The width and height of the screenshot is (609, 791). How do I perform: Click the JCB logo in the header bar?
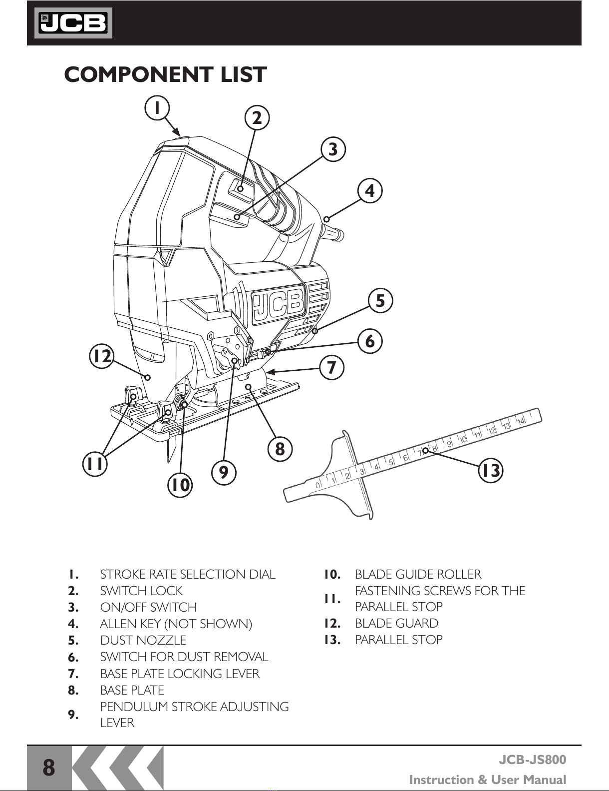click(73, 23)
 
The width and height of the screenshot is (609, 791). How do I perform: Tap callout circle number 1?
click(157, 108)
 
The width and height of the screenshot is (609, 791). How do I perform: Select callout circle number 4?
click(370, 190)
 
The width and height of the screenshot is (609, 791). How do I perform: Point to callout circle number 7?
click(331, 367)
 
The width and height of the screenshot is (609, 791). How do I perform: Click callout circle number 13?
click(491, 470)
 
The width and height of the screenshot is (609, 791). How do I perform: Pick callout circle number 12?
click(102, 356)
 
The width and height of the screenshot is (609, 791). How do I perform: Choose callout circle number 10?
click(180, 485)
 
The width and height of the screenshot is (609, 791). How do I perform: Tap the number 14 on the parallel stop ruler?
click(521, 421)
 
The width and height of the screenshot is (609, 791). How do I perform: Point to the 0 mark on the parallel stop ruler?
click(318, 485)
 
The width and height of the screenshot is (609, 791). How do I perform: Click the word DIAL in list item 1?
click(262, 575)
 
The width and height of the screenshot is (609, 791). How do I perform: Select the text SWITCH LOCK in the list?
click(141, 591)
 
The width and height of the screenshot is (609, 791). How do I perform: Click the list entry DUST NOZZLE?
click(143, 640)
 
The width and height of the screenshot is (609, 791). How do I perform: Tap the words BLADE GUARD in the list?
click(397, 623)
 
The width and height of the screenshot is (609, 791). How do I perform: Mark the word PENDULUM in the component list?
click(134, 707)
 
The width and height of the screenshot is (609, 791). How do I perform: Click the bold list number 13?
click(332, 640)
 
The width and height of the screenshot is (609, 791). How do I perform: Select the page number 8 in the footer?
click(49, 768)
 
